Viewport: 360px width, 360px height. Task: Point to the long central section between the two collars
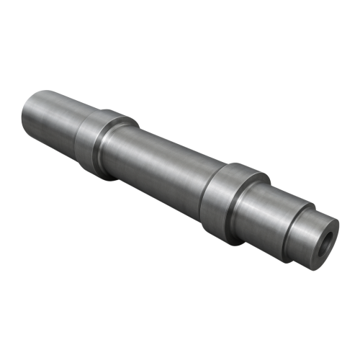tap(166, 158)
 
